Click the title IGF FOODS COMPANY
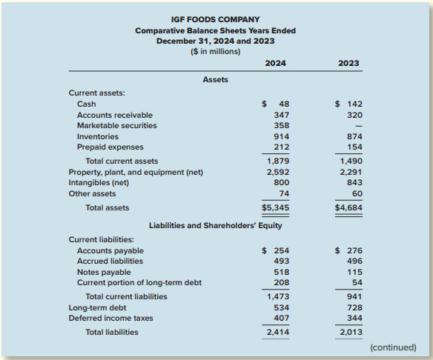click(216, 19)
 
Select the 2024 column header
click(275, 63)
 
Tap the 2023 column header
click(348, 63)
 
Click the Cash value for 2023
click(348, 104)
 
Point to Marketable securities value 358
click(282, 125)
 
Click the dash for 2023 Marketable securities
click(358, 126)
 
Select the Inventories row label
click(98, 136)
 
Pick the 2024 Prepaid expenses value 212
click(282, 147)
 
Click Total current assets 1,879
click(278, 161)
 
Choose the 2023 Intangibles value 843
click(354, 183)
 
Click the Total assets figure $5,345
click(275, 207)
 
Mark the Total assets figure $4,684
click(348, 207)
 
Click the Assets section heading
click(216, 80)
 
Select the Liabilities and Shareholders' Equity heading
click(216, 226)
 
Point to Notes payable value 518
click(282, 273)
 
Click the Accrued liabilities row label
click(110, 261)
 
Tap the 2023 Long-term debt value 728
click(354, 307)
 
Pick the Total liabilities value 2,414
click(278, 332)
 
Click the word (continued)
click(393, 347)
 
